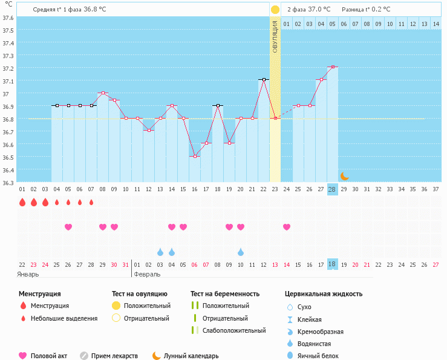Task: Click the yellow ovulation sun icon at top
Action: tap(275, 10)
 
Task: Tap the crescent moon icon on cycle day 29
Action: tap(344, 176)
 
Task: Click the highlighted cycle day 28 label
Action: tap(332, 189)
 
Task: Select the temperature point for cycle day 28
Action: tap(333, 67)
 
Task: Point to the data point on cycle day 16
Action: tap(195, 156)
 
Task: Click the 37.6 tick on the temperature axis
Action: tap(8, 18)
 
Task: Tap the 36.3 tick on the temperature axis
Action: tap(8, 183)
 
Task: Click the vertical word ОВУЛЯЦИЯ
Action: tap(275, 36)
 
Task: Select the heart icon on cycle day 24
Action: tap(286, 227)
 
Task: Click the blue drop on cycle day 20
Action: tap(241, 252)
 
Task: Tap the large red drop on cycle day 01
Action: tap(22, 202)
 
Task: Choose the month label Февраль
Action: tap(147, 274)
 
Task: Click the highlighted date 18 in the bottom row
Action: tap(332, 264)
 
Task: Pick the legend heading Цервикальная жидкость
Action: tap(324, 294)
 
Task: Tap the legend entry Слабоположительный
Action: tap(233, 330)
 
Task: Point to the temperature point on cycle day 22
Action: tap(264, 79)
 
